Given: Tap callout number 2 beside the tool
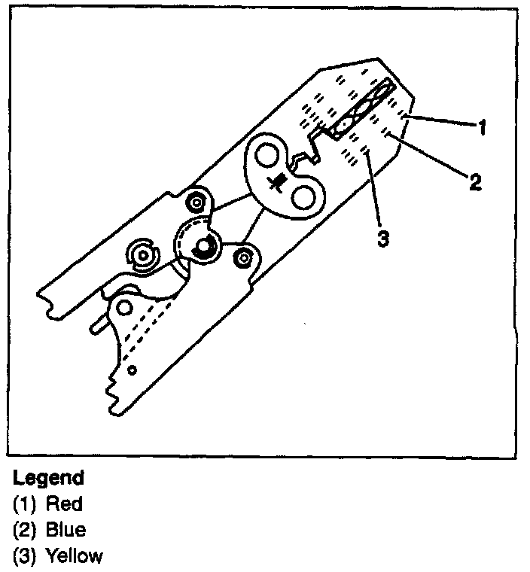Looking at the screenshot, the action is click(x=474, y=181).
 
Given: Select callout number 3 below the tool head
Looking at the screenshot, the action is click(x=383, y=239).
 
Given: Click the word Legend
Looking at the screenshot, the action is click(x=48, y=478).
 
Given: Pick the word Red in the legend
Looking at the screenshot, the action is click(x=63, y=504).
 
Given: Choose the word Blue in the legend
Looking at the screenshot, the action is click(x=65, y=530).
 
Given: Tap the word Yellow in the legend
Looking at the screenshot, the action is click(x=74, y=556).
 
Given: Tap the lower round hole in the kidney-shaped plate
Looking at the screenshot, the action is click(x=303, y=198).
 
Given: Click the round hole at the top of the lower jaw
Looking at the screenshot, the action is click(x=126, y=306).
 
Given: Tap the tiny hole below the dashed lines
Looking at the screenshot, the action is click(x=132, y=370).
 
